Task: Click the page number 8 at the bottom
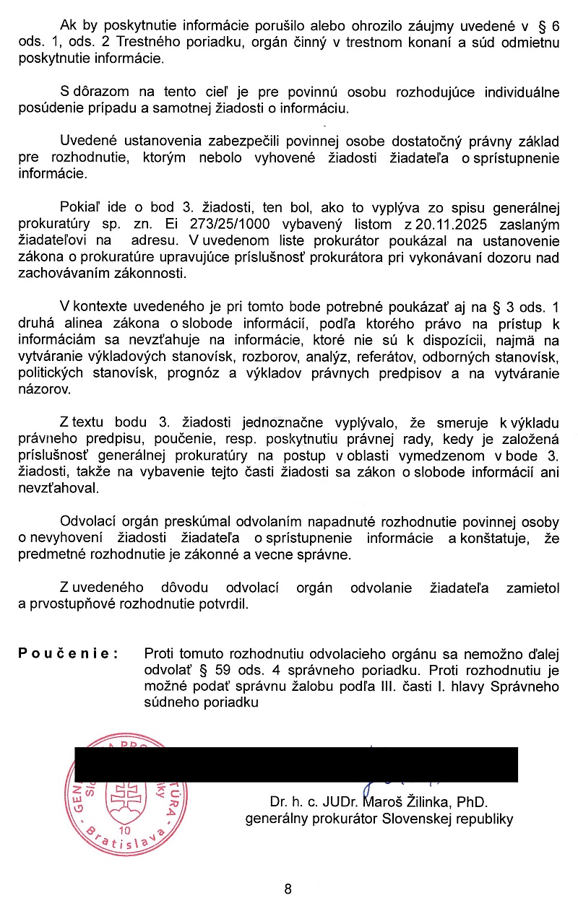click(x=288, y=889)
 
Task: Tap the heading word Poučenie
click(x=68, y=654)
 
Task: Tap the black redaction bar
click(x=296, y=765)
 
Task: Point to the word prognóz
click(x=221, y=373)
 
